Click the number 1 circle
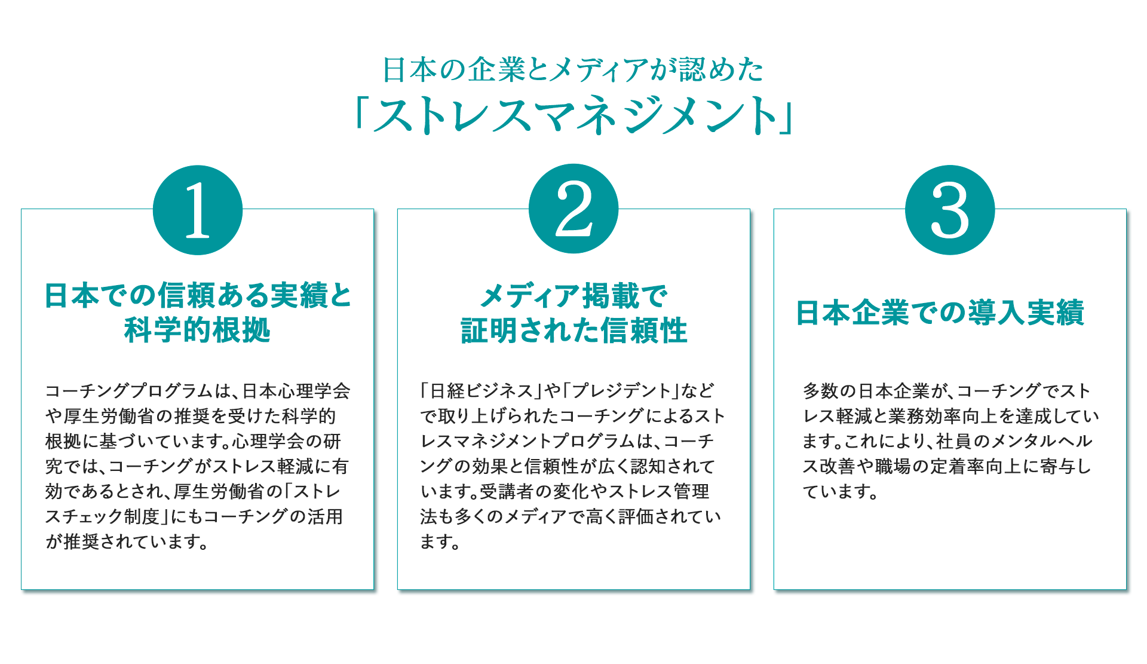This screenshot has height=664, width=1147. pos(198,210)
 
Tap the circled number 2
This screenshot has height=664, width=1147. pos(573,209)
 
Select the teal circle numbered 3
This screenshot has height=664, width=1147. pos(950,210)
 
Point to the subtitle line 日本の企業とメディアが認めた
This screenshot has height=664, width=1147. pos(573,69)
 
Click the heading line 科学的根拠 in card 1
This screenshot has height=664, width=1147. pos(198,330)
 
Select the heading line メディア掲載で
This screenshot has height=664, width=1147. pos(573,296)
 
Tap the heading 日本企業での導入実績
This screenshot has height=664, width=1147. pos(940,313)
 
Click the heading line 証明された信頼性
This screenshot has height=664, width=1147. pos(573,330)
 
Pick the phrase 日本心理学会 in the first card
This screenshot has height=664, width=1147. pos(296,391)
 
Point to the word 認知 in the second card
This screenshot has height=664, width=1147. pos(649,466)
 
